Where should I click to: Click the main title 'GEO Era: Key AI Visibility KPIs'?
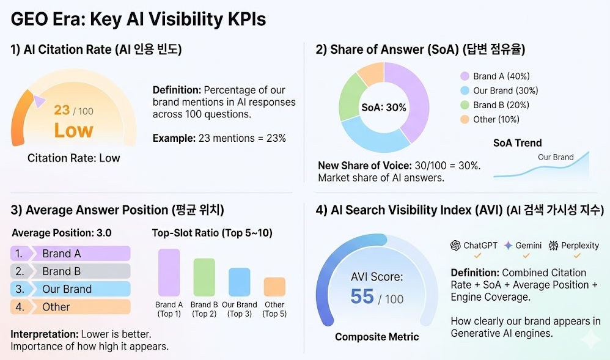[139, 19]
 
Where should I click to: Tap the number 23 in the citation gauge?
[62, 110]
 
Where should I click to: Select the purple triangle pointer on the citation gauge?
[39, 101]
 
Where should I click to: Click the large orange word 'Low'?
[73, 130]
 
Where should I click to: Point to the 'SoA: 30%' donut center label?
[384, 108]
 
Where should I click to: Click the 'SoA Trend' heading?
[517, 143]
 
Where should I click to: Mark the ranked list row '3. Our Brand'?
[71, 289]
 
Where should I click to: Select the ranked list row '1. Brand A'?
[71, 254]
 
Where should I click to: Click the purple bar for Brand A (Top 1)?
[169, 273]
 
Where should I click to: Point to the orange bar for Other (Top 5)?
[274, 287]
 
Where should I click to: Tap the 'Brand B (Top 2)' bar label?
[204, 309]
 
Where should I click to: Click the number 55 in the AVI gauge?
[362, 296]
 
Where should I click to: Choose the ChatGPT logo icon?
[455, 245]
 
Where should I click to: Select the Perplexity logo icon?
[553, 245]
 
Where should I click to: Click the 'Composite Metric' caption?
[377, 337]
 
